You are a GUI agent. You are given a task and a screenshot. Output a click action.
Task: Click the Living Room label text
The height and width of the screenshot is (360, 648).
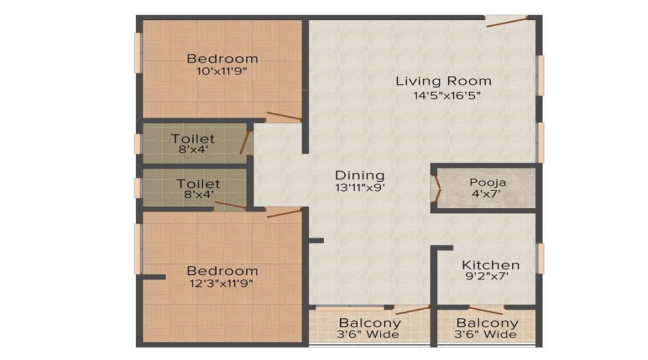[444, 81]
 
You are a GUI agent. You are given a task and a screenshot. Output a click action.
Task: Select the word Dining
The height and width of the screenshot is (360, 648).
[360, 175]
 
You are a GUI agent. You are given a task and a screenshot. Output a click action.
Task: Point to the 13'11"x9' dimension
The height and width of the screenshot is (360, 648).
[360, 189]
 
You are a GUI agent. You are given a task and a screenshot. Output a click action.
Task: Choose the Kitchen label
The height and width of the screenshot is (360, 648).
[490, 265]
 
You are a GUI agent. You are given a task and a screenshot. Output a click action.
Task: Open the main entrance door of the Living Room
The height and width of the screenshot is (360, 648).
[507, 20]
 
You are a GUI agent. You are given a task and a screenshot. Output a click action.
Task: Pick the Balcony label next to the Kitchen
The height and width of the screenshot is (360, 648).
[487, 323]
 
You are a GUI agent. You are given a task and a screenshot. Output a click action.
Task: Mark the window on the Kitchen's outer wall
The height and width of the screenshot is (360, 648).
[540, 258]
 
